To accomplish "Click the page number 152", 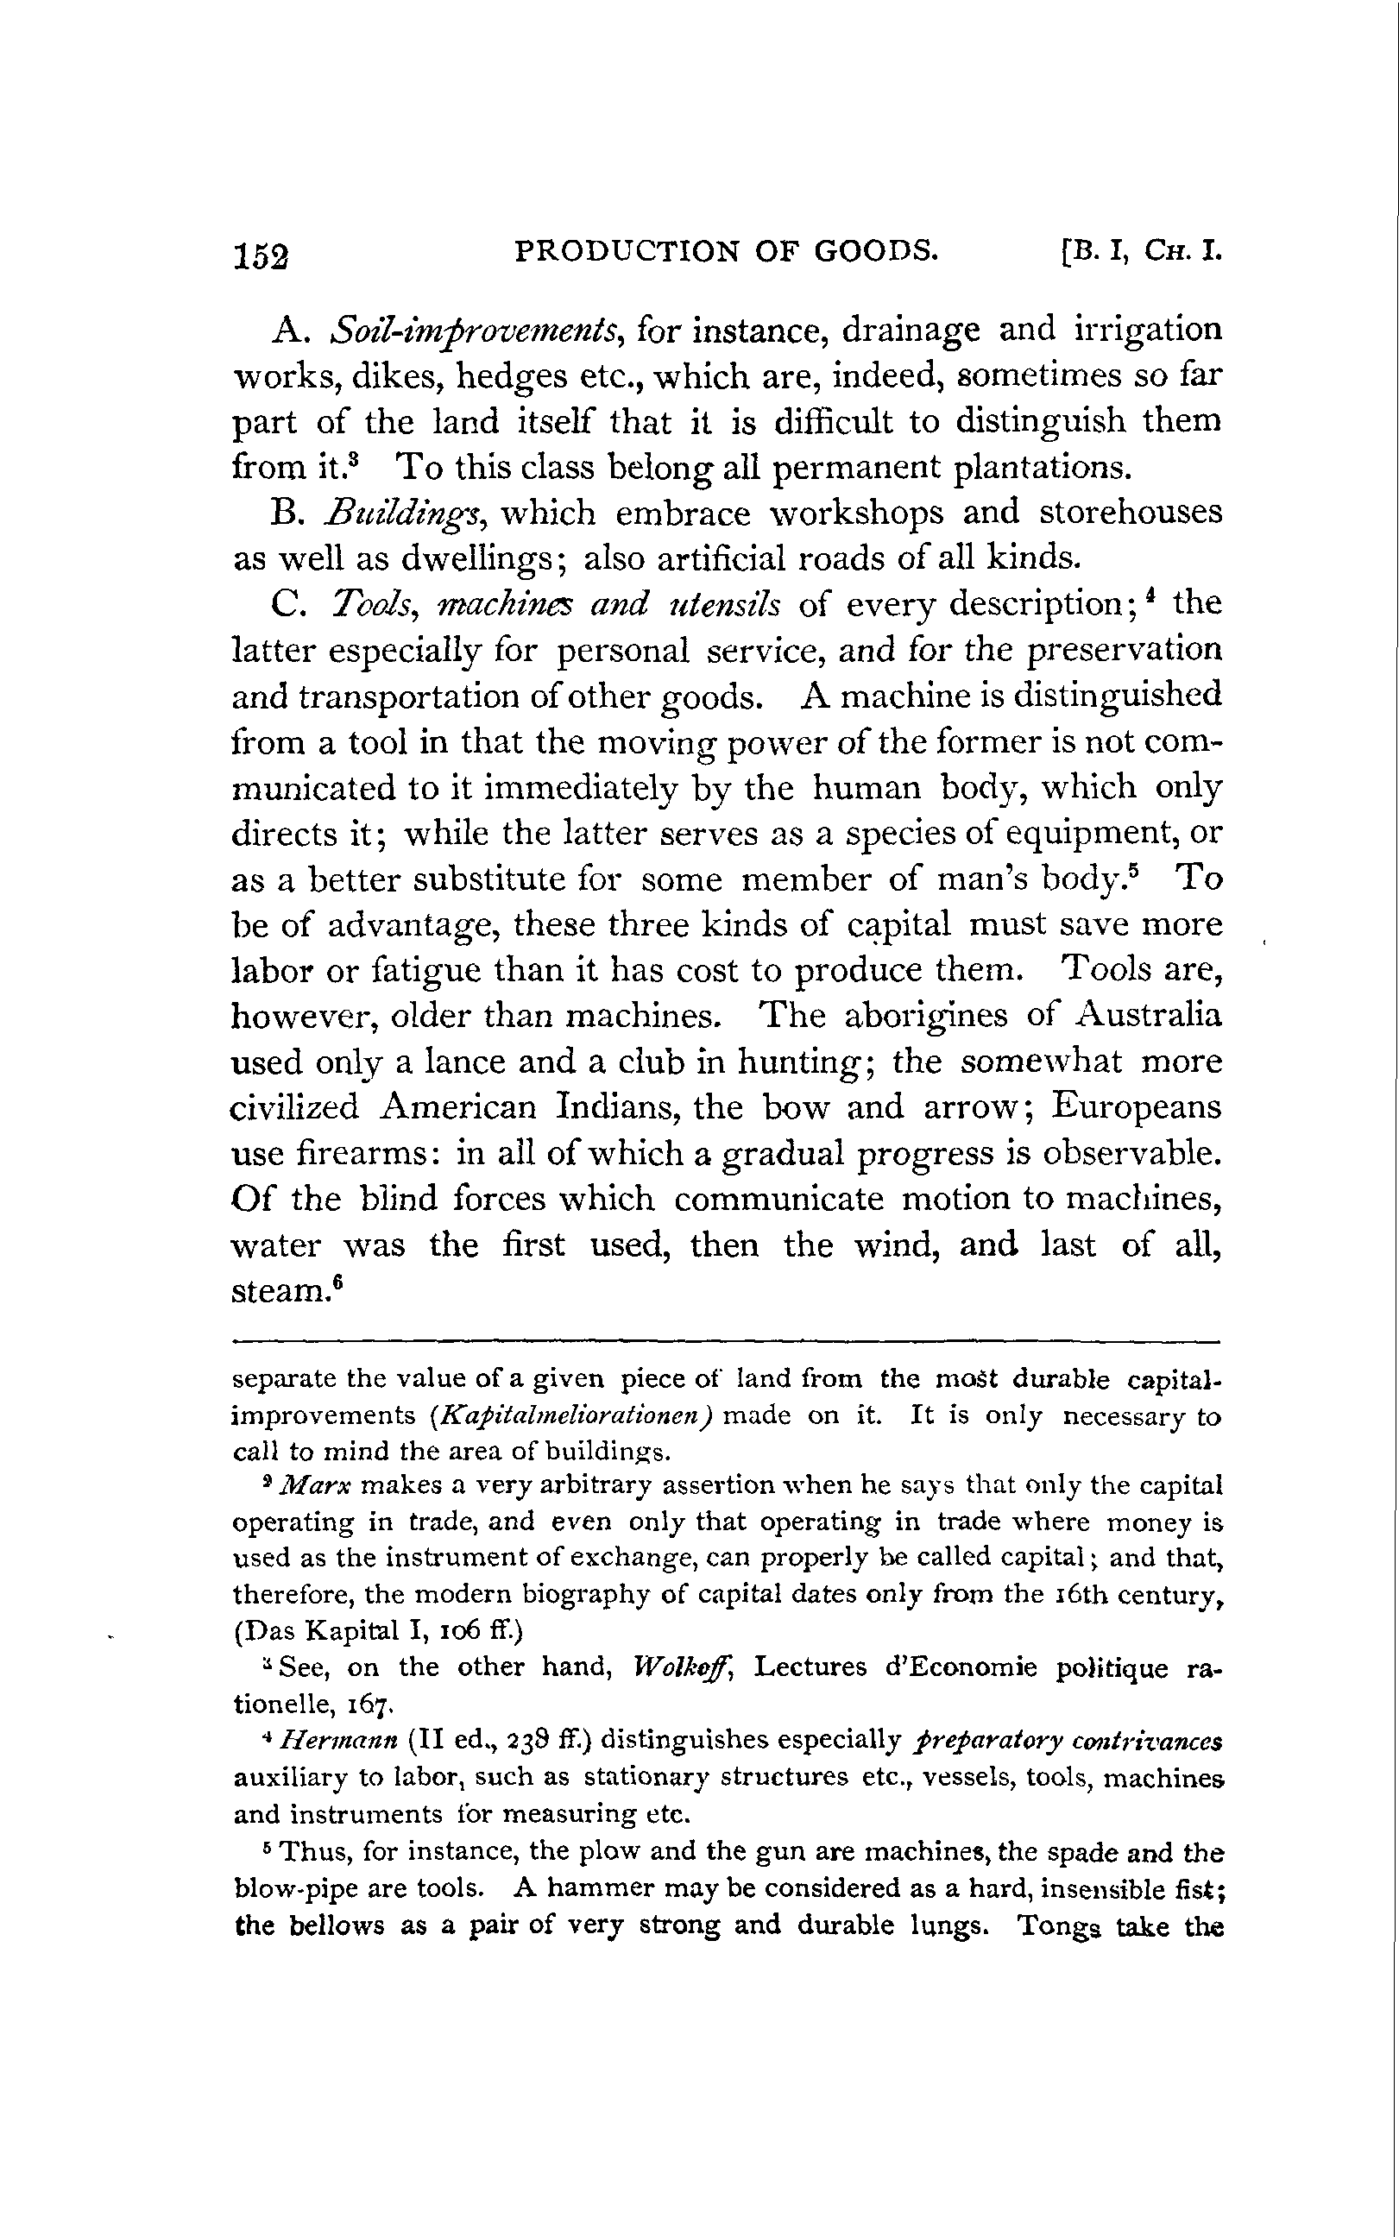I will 262,255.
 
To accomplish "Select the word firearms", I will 365,1154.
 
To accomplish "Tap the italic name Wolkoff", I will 688,1668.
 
